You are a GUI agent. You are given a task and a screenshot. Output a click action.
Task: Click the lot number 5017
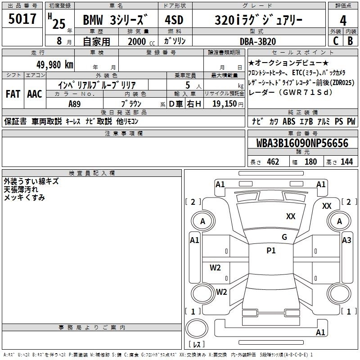coord(22,19)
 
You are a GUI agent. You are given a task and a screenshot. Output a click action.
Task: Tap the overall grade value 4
coord(343,21)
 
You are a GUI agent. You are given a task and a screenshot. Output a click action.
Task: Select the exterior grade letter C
coord(335,41)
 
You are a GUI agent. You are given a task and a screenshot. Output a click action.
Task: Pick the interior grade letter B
coord(350,41)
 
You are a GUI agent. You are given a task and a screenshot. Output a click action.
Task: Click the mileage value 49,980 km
coord(54,65)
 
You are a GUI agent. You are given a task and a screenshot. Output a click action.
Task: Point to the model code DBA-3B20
coord(258,41)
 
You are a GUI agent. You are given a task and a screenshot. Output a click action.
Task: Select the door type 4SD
coord(174,20)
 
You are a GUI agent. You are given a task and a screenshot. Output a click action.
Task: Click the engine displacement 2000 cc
coord(141,41)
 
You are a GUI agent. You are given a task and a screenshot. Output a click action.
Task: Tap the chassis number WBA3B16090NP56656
coord(302,143)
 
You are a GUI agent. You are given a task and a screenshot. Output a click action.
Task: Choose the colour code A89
coord(75,104)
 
